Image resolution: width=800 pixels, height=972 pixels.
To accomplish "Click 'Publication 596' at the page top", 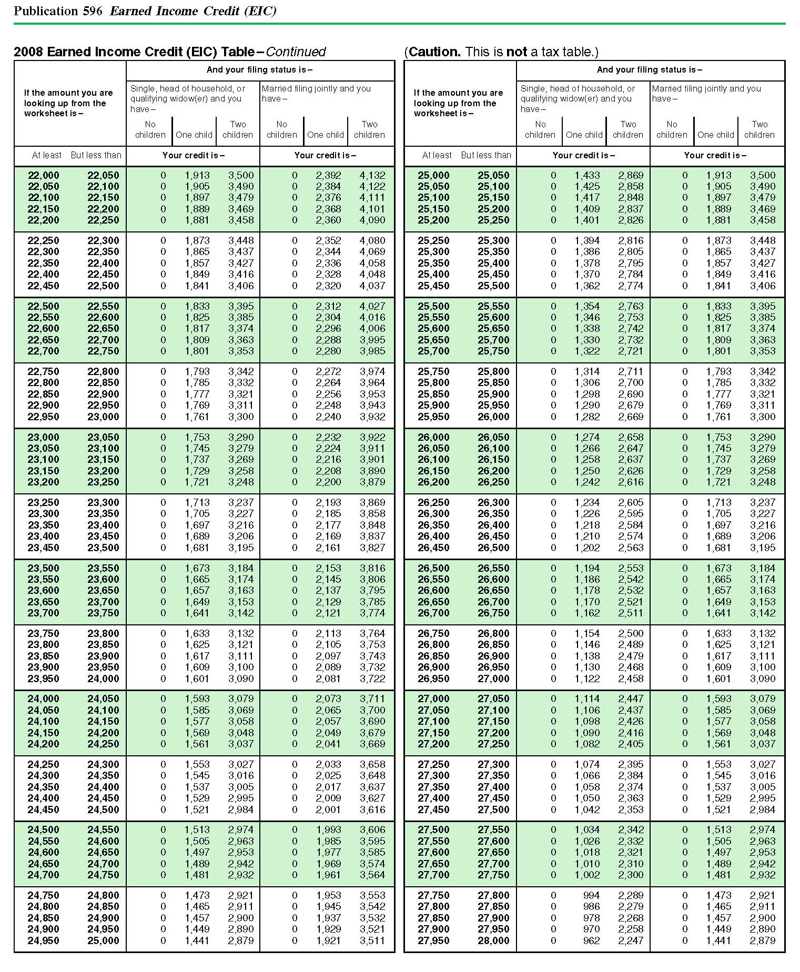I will pos(58,11).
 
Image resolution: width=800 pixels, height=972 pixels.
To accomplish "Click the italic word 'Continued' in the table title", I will pos(296,52).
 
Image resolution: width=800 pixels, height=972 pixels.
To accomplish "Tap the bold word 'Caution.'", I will pos(434,52).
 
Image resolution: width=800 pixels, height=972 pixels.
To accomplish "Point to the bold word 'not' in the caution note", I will pos(517,52).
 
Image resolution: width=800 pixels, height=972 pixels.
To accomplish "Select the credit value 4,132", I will pos(372,175).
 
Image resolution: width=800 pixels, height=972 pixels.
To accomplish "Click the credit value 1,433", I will pos(587,175).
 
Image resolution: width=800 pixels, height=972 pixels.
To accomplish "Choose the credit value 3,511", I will pos(372,940).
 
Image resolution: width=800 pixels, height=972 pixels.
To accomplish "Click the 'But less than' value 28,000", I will pos(493,940).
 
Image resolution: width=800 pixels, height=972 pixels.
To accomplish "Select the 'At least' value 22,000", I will pos(43,175).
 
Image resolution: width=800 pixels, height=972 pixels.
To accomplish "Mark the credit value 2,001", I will pos(328,809).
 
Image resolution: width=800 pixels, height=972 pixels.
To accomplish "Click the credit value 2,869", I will pos(631,175).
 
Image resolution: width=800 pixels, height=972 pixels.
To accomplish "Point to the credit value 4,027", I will pos(372,306).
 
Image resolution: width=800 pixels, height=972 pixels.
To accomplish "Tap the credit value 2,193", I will pos(328,502).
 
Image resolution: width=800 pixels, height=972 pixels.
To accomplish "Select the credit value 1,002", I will pos(587,875).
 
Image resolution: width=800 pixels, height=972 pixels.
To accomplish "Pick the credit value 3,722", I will pos(372,679).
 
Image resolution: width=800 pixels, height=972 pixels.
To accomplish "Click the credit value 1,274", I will pos(587,437).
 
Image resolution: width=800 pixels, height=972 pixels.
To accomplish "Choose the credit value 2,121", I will pos(328,613).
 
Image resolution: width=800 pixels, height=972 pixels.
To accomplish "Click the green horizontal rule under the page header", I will pos(400,24).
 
